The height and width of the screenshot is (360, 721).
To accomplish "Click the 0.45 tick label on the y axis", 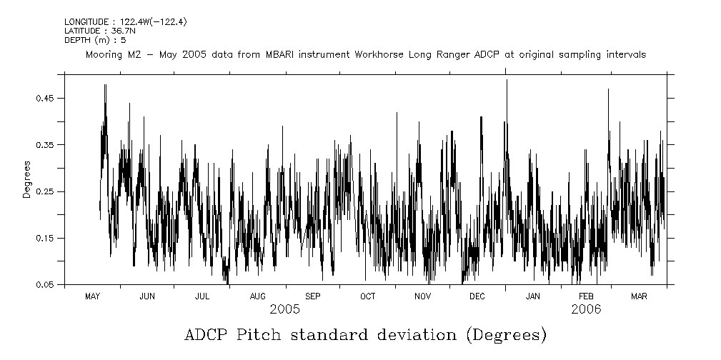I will click(45, 98).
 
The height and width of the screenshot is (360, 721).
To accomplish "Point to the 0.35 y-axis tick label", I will click(45, 145).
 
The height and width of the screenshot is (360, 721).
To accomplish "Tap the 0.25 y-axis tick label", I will click(45, 191).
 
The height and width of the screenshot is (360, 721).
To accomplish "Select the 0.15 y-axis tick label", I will click(45, 238).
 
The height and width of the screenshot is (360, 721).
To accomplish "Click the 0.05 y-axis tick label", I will click(45, 285).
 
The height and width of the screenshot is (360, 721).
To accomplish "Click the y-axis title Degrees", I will click(26, 179).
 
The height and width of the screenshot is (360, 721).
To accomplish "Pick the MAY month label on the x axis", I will click(92, 296).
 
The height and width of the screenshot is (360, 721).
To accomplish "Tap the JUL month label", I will click(202, 296).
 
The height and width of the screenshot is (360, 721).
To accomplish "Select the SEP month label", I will click(313, 296).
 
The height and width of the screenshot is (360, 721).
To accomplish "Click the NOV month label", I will click(423, 296).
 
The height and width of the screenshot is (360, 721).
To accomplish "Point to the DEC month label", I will click(478, 296).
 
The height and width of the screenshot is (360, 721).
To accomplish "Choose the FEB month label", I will click(586, 296).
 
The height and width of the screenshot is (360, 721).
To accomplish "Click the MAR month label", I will click(640, 296).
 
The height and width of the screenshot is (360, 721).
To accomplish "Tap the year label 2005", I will click(284, 309).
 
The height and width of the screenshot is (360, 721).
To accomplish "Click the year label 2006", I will click(586, 309).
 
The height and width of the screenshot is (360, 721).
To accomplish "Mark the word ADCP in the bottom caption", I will click(206, 335).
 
